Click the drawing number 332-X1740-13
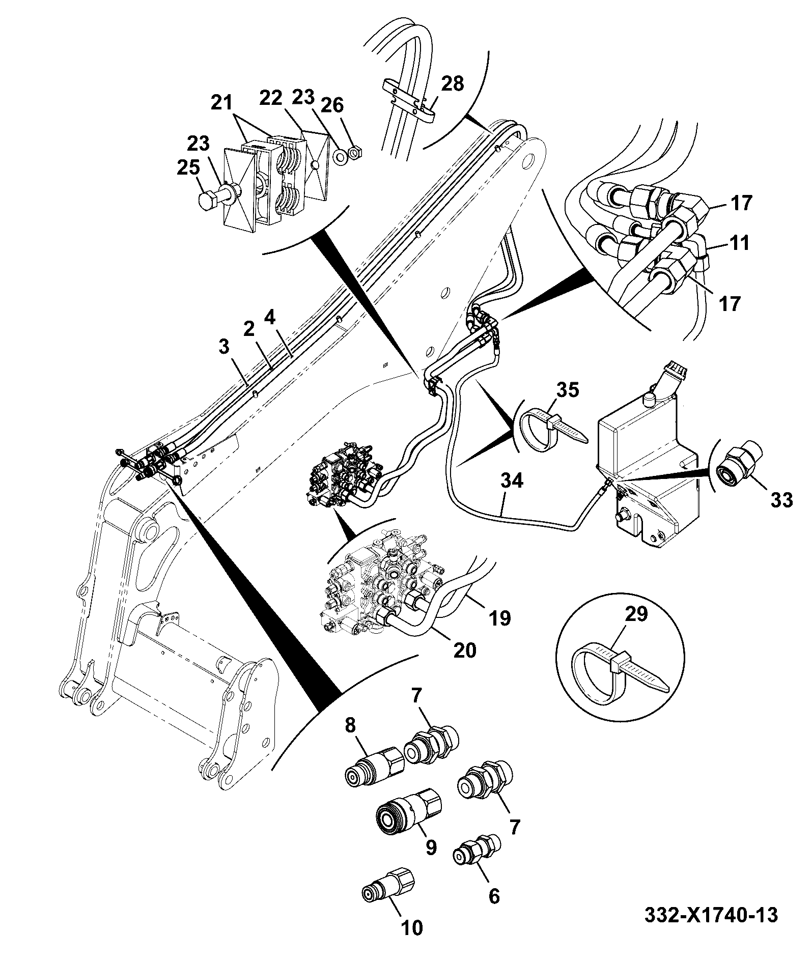[x=712, y=915]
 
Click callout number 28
[x=453, y=83]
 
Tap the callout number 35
[x=567, y=390]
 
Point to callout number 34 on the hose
[x=512, y=480]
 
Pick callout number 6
[x=494, y=896]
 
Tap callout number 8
[x=350, y=725]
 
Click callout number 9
[x=431, y=846]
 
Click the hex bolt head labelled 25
[x=208, y=201]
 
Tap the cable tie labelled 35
[x=551, y=427]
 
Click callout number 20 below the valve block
[x=464, y=649]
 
